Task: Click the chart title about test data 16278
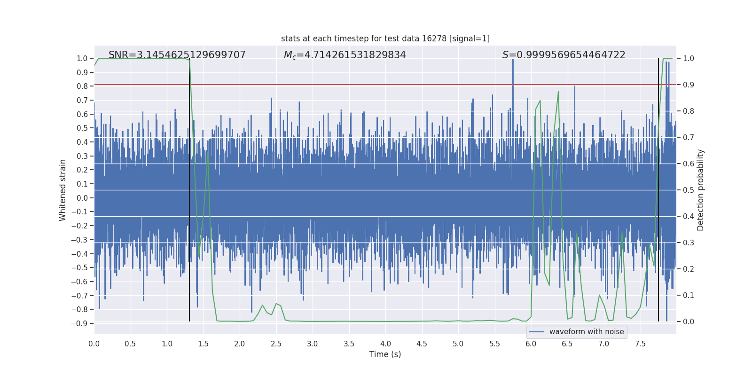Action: coord(385,39)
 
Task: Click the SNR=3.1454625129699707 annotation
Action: coord(177,55)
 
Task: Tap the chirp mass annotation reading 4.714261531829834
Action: coord(345,55)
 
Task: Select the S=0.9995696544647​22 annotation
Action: coord(564,55)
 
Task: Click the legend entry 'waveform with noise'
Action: coord(586,332)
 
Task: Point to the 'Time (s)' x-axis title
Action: coord(385,354)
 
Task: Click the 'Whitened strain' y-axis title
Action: coord(63,190)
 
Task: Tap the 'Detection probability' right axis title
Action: coord(701,190)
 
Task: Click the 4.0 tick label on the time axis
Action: coord(385,344)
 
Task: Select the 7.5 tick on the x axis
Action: coord(640,344)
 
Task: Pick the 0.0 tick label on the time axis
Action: coord(94,344)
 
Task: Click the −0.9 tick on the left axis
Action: coord(79,323)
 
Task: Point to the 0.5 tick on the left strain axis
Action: coord(82,128)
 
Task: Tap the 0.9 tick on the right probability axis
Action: coord(689,85)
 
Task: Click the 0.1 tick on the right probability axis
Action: coord(689,295)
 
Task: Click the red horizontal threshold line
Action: coord(376,85)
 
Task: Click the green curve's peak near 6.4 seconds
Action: coord(558,92)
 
